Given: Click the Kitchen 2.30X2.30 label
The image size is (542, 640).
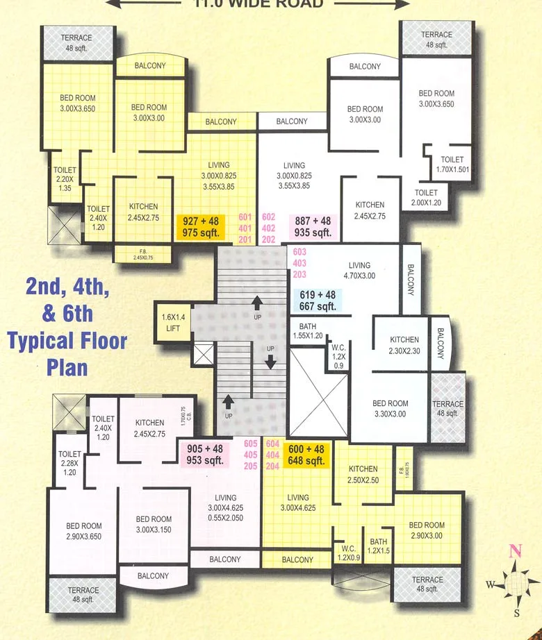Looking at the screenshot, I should tap(404, 346).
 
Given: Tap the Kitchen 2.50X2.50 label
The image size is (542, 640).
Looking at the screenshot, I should tap(363, 475).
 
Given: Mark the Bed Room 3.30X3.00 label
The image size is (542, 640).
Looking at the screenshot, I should tap(390, 409).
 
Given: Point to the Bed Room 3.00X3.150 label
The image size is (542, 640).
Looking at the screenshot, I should tap(154, 525).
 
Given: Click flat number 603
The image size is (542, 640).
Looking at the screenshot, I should tap(299, 252).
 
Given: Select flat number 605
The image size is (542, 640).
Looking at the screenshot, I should tap(251, 444).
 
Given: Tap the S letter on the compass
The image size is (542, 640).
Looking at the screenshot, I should tap(516, 613).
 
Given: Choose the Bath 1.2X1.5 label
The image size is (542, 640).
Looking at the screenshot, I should tap(379, 546).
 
